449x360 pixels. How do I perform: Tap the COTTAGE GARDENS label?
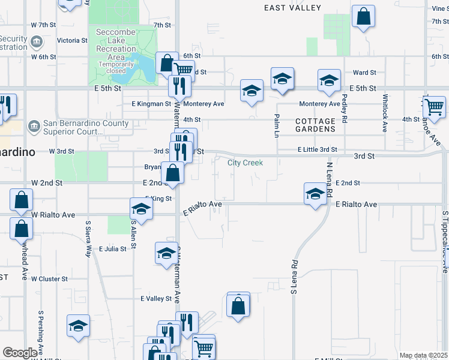coord(315,125)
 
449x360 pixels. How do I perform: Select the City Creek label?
coord(245,163)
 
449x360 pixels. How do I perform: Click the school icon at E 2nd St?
coord(315,194)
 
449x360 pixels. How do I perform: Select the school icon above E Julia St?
coord(167,253)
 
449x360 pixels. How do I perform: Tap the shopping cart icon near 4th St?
coord(433,107)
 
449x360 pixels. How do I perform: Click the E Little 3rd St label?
coord(316,149)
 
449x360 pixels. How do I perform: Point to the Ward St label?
coord(364,73)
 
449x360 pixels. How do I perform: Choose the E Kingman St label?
coord(151,104)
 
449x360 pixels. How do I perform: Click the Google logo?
coord(20,353)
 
